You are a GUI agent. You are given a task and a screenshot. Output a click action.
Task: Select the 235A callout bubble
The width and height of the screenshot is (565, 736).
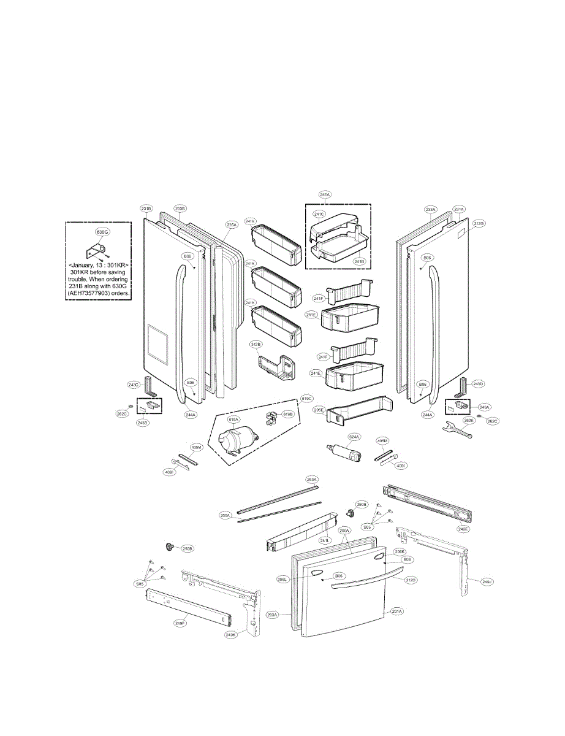point(231,224)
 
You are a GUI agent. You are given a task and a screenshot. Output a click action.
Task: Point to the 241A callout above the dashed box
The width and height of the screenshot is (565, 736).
point(325,194)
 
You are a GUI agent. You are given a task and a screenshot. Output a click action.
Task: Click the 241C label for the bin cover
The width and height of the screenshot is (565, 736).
point(320,215)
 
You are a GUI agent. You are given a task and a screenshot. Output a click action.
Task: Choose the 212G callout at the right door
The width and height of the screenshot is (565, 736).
point(479,223)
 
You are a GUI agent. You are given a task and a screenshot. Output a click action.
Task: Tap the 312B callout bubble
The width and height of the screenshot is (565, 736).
point(256,345)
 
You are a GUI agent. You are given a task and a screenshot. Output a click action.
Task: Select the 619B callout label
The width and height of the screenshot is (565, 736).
point(287,414)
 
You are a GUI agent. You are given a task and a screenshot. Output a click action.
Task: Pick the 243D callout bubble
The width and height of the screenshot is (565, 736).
point(479,384)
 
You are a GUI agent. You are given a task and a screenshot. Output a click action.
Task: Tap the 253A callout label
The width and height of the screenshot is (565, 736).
point(312,479)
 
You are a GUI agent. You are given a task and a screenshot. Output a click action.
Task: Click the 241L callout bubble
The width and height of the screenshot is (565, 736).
point(325,540)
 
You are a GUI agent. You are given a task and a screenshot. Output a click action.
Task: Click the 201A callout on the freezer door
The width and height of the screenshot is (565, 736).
point(396,611)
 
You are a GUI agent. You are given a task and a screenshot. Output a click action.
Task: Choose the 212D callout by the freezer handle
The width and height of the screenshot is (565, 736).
point(411,580)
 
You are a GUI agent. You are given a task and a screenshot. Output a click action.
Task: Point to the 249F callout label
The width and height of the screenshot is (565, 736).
point(180,623)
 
